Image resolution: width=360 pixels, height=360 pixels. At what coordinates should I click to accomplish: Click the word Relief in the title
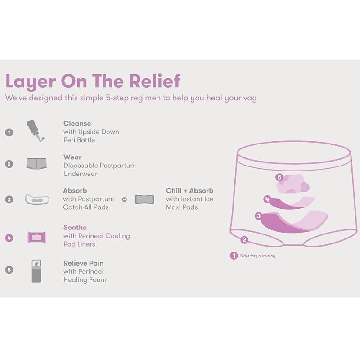pyautogui.click(x=155, y=81)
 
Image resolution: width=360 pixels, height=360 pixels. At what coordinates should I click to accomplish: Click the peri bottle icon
pyautogui.click(x=36, y=130)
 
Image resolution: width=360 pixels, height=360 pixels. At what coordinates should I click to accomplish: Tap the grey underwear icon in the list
pyautogui.click(x=36, y=164)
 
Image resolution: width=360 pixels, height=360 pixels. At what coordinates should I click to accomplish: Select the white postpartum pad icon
pyautogui.click(x=37, y=199)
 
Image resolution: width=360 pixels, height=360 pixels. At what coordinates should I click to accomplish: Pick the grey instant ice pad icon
pyautogui.click(x=144, y=199)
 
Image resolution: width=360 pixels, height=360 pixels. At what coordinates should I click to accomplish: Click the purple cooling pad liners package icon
pyautogui.click(x=37, y=237)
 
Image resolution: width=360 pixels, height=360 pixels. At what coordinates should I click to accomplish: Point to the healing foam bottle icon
pyautogui.click(x=36, y=271)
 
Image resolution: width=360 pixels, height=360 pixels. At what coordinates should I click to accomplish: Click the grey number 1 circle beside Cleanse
pyautogui.click(x=9, y=132)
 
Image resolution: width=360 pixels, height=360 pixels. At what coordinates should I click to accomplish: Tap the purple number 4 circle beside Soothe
pyautogui.click(x=9, y=238)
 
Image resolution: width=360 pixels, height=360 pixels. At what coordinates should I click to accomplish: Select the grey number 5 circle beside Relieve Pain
pyautogui.click(x=9, y=270)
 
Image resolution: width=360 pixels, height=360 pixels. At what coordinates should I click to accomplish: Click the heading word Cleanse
pyautogui.click(x=77, y=123)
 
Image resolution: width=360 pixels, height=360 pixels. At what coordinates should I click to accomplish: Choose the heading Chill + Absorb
pyautogui.click(x=189, y=190)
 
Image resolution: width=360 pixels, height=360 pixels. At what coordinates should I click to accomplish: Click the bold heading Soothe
pyautogui.click(x=75, y=228)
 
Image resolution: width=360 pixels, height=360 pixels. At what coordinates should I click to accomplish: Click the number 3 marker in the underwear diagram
pyautogui.click(x=258, y=216)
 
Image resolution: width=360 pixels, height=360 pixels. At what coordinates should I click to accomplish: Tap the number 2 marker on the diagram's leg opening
pyautogui.click(x=244, y=240)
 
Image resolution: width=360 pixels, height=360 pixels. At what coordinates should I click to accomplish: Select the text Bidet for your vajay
pyautogui.click(x=257, y=256)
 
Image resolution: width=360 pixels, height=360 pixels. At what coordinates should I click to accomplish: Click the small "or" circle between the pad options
pyautogui.click(x=125, y=199)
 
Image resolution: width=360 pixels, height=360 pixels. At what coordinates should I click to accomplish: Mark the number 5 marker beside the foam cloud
pyautogui.click(x=279, y=177)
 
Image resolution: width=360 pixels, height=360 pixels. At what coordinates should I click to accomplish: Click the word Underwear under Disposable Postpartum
pyautogui.click(x=81, y=174)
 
